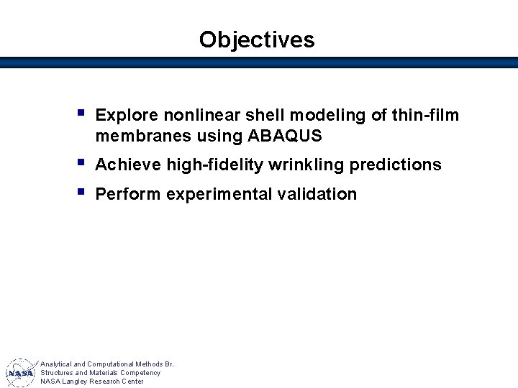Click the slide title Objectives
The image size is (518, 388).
pyautogui.click(x=257, y=40)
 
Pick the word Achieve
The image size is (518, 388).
pyautogui.click(x=128, y=165)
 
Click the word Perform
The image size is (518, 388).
pyautogui.click(x=127, y=195)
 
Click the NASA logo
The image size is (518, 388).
pyautogui.click(x=20, y=373)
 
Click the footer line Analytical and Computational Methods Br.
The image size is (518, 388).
pyautogui.click(x=106, y=364)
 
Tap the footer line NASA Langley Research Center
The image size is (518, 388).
pyautogui.click(x=91, y=382)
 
